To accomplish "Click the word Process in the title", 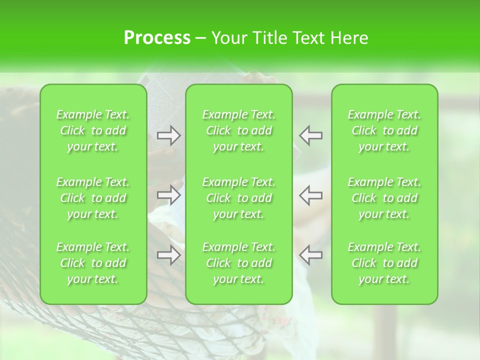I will tap(157, 38).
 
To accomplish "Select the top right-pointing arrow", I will tap(168, 135).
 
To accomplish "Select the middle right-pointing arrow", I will tap(168, 195).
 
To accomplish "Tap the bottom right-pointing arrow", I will tap(168, 255).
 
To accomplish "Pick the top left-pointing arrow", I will tap(310, 135).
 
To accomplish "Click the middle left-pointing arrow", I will tap(310, 195).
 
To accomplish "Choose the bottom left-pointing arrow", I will tap(310, 255).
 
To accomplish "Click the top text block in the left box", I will tap(93, 130).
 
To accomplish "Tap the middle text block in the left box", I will tap(93, 198).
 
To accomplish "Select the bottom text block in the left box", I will tap(93, 263).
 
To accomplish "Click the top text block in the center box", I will tap(239, 130).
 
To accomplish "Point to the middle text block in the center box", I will tap(239, 198).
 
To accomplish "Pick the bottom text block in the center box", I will tap(239, 263).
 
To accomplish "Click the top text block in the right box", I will tap(384, 130).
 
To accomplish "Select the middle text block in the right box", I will tap(384, 198).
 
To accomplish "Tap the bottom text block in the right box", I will tap(384, 263).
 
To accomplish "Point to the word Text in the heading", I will tap(306, 38).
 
